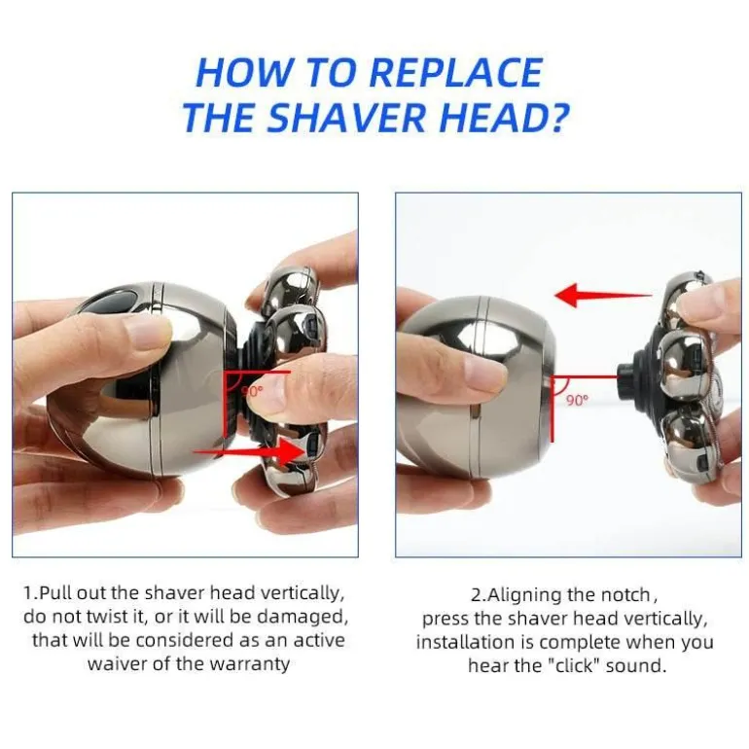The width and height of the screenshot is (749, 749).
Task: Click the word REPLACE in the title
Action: pos(455,73)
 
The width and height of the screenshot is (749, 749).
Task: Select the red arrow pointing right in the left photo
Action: pos(248,451)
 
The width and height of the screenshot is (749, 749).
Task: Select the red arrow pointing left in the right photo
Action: pos(604,295)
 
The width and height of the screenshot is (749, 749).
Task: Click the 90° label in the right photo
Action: pos(578,400)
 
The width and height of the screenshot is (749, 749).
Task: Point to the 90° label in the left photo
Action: pos(252,391)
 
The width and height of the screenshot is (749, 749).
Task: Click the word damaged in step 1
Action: pos(303,617)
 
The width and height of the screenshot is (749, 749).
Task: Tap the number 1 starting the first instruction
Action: pos(27,593)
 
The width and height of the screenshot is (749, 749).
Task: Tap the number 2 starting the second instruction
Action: pos(476,595)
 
